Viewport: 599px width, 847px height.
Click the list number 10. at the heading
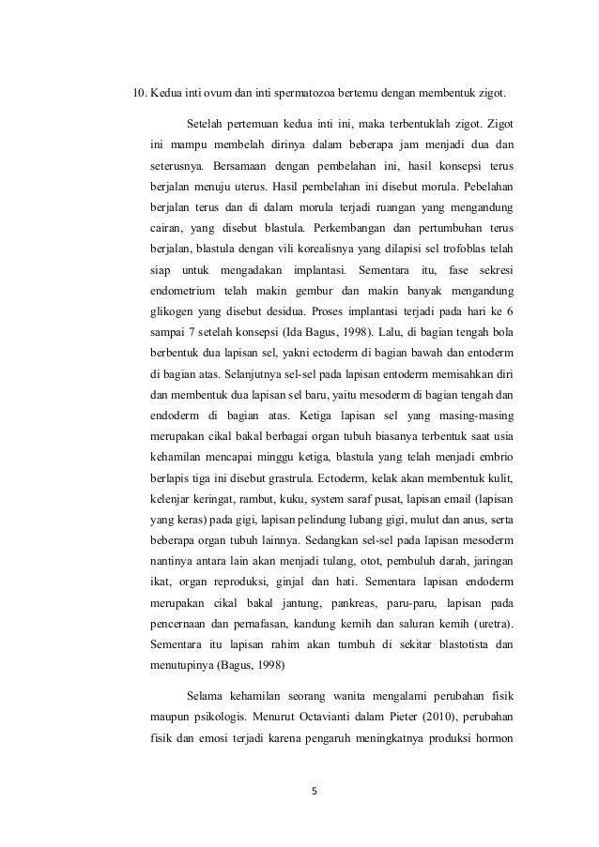click(137, 95)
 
